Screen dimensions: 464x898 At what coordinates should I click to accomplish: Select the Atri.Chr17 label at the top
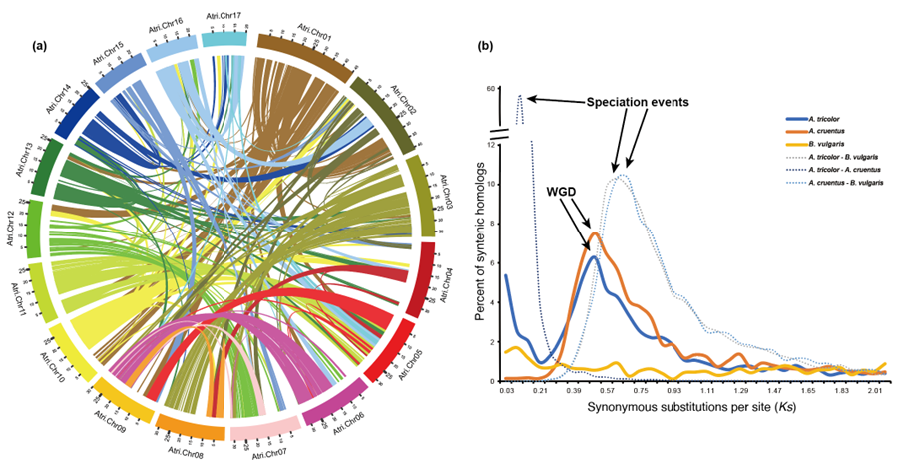coord(225,13)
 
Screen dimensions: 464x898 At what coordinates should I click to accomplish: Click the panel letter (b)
coord(485,46)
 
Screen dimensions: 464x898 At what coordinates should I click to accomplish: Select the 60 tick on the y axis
coord(492,89)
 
